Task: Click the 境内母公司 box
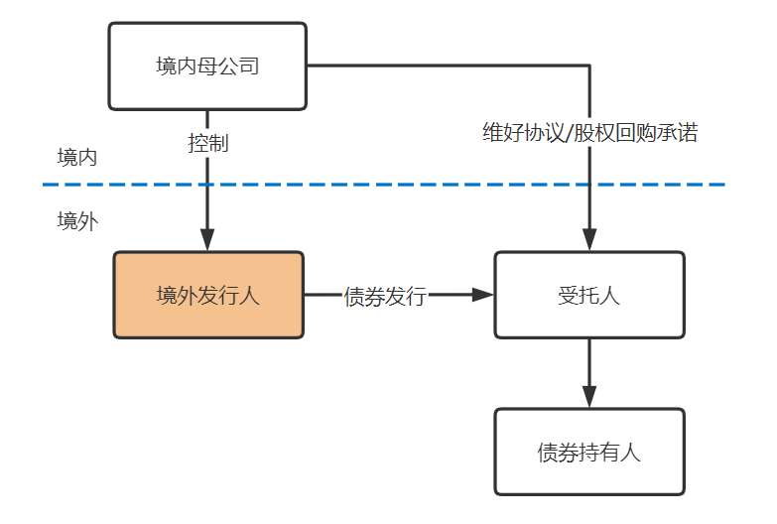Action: [207, 65]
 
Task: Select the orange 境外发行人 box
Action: [208, 295]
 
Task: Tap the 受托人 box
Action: [589, 295]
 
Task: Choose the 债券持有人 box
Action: [589, 452]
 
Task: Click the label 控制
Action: [208, 144]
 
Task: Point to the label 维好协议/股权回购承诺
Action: [590, 132]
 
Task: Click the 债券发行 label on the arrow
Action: [385, 296]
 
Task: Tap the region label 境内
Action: [76, 158]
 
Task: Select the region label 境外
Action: [77, 221]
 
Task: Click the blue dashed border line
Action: [384, 185]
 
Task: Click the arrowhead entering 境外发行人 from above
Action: [207, 239]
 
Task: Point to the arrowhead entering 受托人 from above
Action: [589, 239]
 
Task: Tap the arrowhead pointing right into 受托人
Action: [482, 295]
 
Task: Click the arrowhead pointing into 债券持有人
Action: [589, 396]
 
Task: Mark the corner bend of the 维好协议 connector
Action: [589, 65]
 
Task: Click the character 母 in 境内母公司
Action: [207, 65]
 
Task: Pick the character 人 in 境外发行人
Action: [249, 296]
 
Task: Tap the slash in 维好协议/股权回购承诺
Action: [569, 133]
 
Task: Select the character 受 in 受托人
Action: [569, 296]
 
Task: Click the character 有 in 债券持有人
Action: [609, 453]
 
